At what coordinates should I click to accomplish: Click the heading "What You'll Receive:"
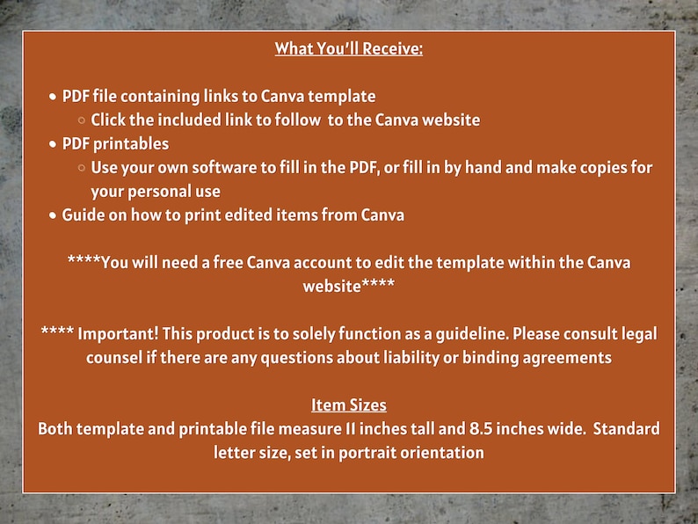pyautogui.click(x=349, y=48)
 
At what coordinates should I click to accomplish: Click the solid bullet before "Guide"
pyautogui.click(x=54, y=215)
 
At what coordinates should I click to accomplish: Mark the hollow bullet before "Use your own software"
pyautogui.click(x=82, y=168)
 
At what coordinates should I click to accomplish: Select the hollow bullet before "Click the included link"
pyautogui.click(x=82, y=120)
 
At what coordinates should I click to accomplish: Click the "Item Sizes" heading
pyautogui.click(x=349, y=405)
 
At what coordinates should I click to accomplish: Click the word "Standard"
pyautogui.click(x=622, y=429)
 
